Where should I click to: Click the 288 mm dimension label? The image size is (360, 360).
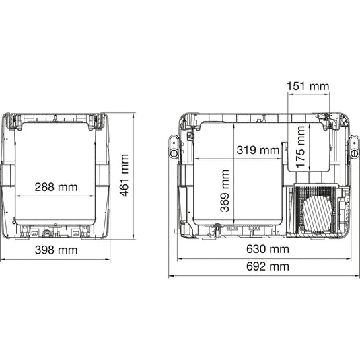(57, 187)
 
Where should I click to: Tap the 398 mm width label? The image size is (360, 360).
(57, 250)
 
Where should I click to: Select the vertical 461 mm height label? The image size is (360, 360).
(124, 176)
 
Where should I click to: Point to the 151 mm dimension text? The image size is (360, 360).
(308, 87)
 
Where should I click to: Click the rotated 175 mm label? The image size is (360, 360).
(300, 147)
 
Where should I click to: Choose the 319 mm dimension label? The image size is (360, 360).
(258, 150)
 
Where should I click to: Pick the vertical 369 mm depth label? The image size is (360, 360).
(225, 191)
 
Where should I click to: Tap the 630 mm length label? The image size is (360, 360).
(268, 249)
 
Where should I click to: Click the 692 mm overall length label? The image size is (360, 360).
(268, 266)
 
